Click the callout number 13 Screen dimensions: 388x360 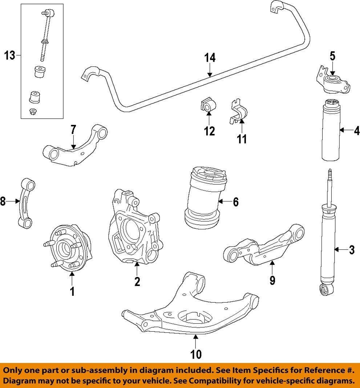pyautogui.click(x=10, y=56)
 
